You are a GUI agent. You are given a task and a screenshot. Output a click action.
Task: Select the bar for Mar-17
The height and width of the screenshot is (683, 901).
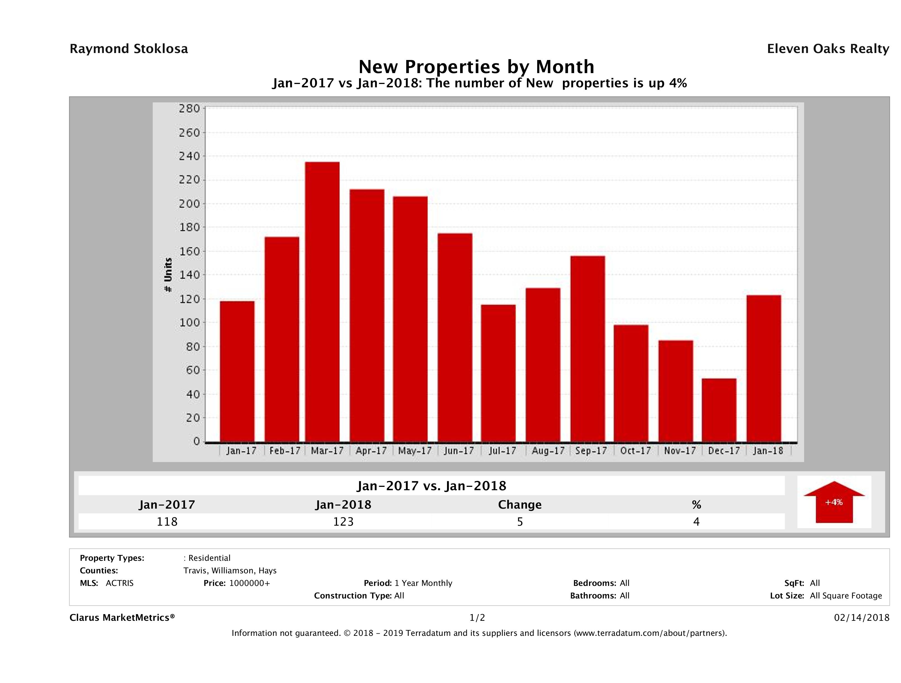pos(322,302)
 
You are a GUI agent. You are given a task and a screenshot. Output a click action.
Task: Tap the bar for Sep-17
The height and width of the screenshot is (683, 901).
pos(588,349)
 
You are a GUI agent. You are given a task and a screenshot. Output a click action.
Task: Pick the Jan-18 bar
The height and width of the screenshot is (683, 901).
pos(764,368)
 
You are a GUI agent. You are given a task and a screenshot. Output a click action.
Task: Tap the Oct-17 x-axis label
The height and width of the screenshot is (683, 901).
pos(635,451)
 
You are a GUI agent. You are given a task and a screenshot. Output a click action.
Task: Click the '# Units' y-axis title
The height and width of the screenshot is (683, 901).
pos(168,275)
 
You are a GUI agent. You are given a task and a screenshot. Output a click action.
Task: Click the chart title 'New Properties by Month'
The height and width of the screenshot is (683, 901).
pos(476,67)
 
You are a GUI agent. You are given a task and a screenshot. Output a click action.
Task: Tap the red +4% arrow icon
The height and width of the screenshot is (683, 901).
pos(834,502)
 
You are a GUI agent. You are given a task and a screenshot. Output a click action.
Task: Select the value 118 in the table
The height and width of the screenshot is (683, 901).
pos(167,521)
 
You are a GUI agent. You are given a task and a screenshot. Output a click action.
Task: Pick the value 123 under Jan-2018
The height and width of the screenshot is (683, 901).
pos(343,521)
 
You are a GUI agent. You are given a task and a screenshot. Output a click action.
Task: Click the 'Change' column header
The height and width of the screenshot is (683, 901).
pos(520,505)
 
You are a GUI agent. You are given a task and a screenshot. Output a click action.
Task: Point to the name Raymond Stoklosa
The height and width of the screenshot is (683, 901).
pos(129,49)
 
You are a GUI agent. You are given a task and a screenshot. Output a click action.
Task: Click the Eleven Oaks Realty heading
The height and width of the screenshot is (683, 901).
pos(828,49)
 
